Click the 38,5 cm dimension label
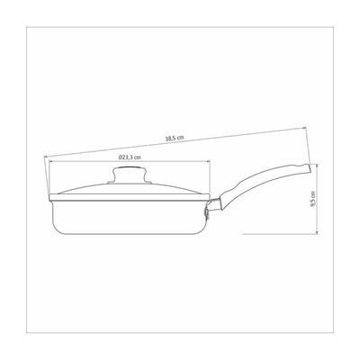[x=175, y=139]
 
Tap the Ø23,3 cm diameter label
[x=130, y=157]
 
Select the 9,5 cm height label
[x=313, y=198]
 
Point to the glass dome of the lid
[x=130, y=188]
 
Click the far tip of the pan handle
[x=310, y=168]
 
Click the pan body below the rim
[x=130, y=218]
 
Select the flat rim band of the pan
[x=130, y=197]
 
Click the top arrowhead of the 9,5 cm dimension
[x=318, y=166]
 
